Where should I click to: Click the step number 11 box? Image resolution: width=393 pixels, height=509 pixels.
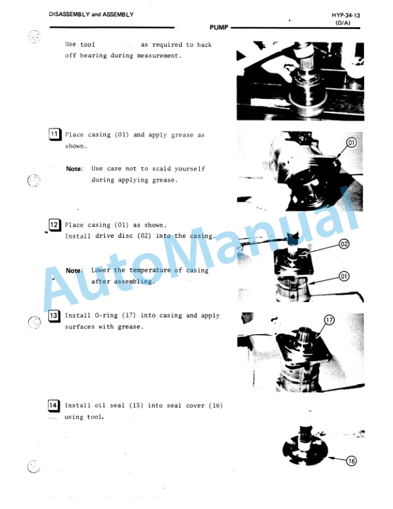55,135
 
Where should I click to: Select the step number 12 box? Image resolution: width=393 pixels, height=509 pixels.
55,225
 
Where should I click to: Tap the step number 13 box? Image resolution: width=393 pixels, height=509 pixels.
55,316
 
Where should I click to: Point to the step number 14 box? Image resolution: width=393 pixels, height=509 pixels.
55,406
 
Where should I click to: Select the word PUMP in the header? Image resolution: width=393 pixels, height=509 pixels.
219,28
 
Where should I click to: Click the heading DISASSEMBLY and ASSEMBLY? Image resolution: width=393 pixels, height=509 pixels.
91,15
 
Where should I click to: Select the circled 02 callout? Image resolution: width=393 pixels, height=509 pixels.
344,244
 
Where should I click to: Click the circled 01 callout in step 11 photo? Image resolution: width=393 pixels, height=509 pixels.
353,141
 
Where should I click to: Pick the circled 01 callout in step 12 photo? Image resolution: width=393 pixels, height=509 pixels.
344,276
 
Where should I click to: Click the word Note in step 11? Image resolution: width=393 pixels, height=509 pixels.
74,169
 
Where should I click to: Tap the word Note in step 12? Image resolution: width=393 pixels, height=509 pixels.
74,271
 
